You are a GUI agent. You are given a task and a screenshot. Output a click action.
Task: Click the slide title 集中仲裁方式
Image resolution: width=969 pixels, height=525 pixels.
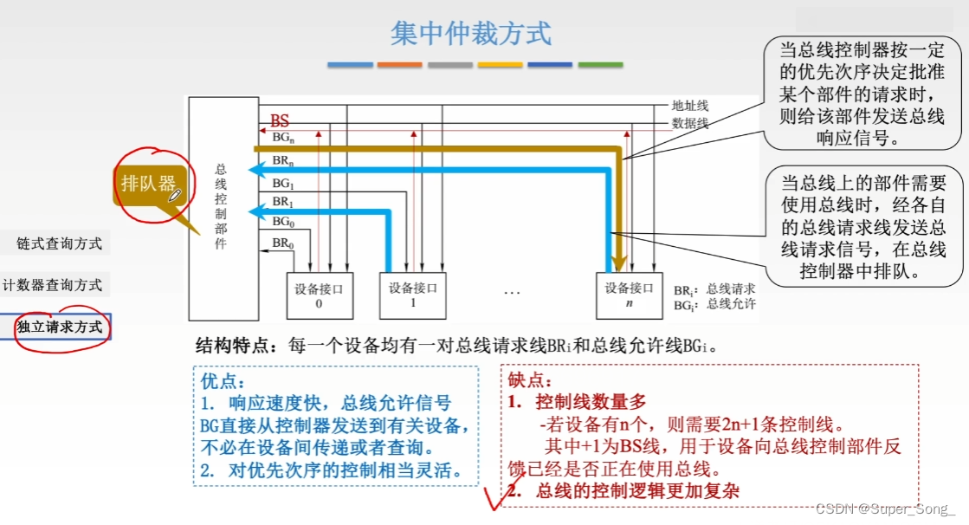pos(470,34)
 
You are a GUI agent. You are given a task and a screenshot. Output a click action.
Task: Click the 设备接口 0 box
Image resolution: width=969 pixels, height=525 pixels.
pos(319,295)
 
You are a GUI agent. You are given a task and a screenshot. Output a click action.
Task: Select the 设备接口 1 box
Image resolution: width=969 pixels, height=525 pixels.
pos(412,295)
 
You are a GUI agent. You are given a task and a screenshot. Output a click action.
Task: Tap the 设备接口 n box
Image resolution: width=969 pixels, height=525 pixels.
pos(629,295)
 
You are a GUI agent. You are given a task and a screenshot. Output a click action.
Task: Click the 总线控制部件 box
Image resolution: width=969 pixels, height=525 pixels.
pos(222,208)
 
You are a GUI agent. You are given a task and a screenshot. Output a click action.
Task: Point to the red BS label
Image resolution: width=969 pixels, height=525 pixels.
pos(280,121)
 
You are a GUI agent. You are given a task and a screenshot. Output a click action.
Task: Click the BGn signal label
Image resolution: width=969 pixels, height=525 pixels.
pos(283,138)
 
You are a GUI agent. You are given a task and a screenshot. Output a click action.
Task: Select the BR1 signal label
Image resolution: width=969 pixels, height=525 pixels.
pos(282,202)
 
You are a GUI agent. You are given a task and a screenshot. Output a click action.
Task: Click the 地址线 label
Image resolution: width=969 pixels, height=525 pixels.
pos(690,106)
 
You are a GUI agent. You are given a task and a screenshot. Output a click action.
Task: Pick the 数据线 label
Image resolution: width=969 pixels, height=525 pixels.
pos(690,124)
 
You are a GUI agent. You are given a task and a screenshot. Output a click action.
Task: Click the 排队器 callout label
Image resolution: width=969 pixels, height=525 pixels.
pos(148,183)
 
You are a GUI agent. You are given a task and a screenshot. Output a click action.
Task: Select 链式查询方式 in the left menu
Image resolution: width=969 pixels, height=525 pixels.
pos(59,243)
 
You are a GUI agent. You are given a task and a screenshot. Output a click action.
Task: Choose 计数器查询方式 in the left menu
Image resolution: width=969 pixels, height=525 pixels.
pos(52,285)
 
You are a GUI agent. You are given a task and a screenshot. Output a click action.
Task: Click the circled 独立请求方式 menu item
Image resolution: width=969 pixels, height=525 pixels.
pos(59,327)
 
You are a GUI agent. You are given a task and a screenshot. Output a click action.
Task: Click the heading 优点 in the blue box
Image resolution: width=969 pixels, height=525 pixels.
pos(223,381)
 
